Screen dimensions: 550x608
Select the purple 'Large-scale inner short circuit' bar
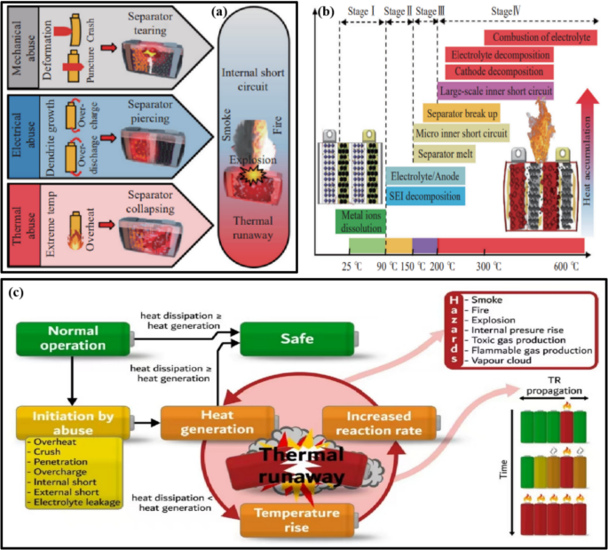point(495,90)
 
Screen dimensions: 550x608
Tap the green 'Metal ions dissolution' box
point(359,222)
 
